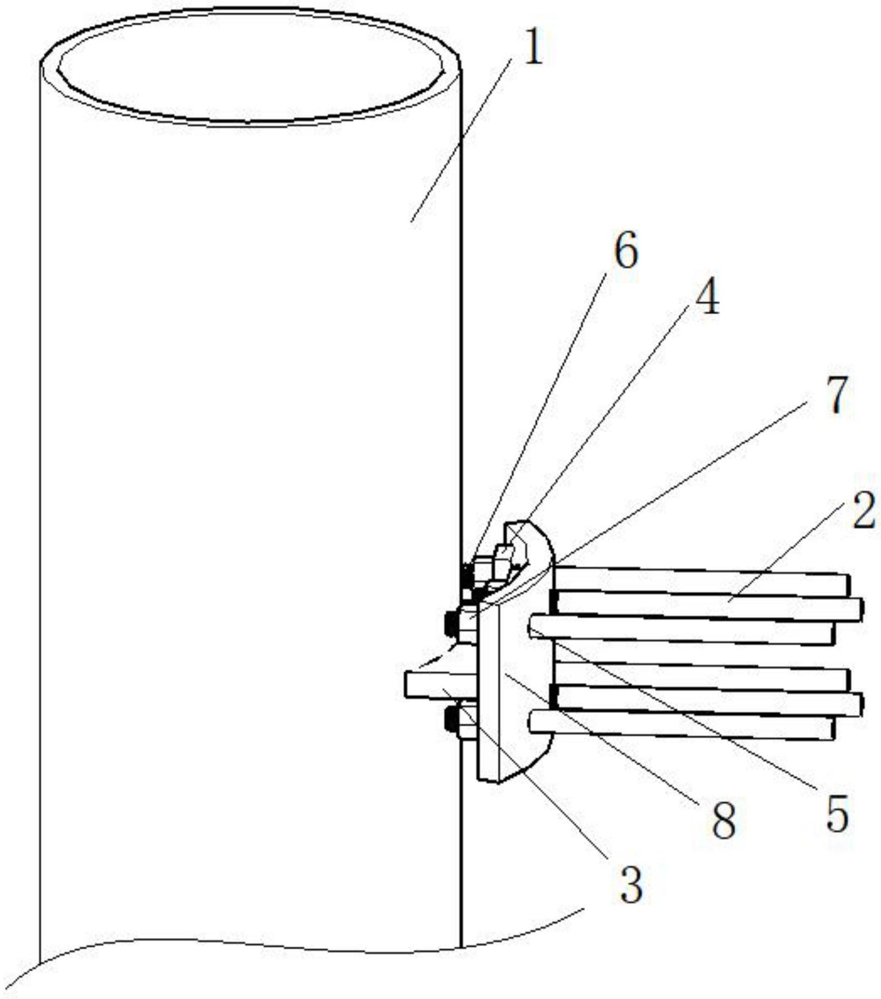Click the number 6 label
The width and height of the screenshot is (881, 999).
[626, 250]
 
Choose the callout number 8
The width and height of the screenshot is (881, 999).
[724, 821]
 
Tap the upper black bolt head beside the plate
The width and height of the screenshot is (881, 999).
[451, 624]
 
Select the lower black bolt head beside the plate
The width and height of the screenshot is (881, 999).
[451, 720]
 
